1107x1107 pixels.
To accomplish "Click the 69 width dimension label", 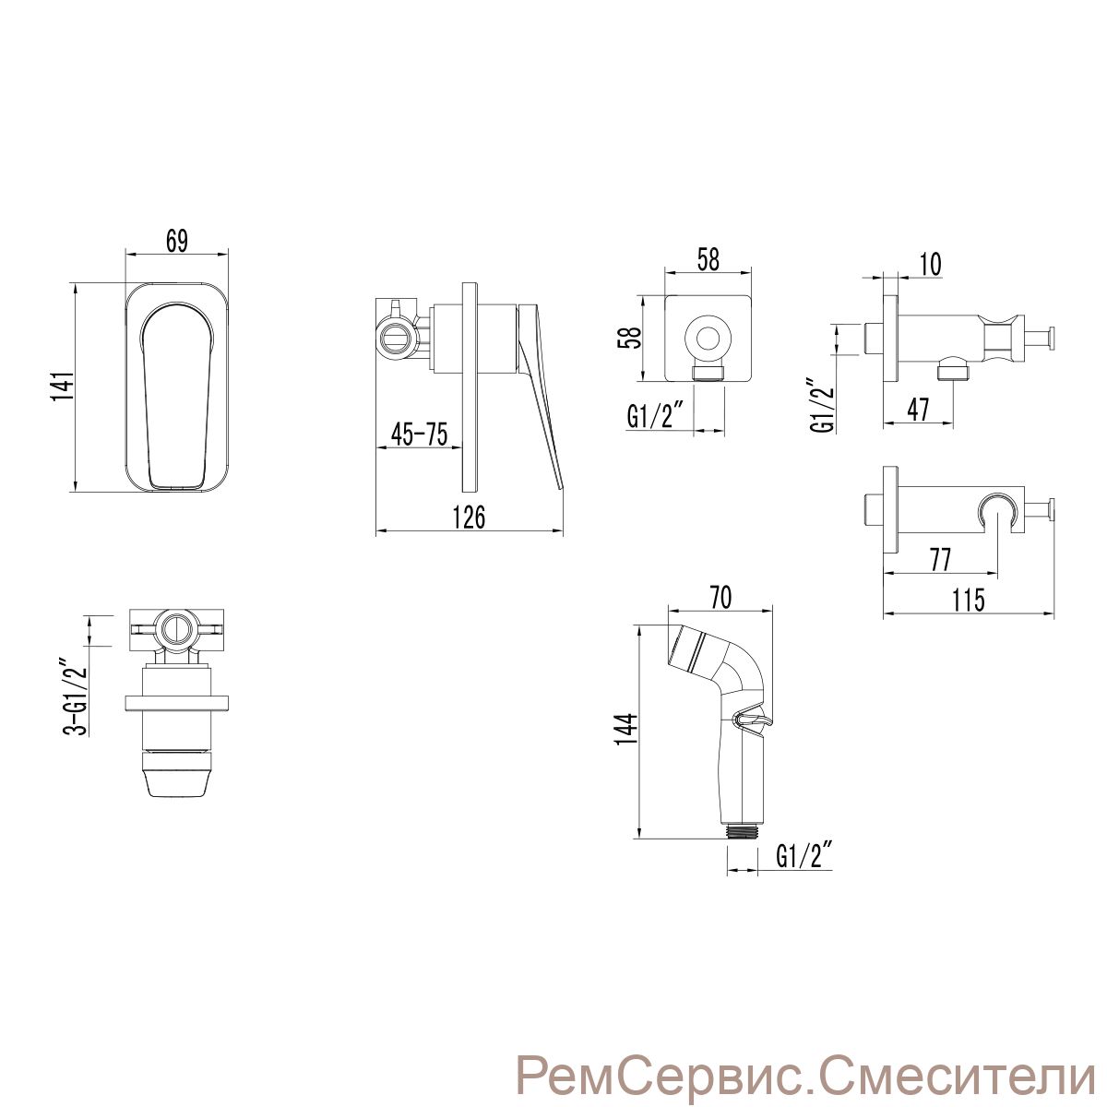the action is tap(177, 241).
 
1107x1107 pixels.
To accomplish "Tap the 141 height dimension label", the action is tap(65, 387).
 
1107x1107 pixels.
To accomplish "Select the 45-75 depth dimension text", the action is tap(419, 434).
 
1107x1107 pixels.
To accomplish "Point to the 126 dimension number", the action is tap(470, 518).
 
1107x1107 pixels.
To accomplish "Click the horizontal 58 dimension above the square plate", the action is tap(708, 259).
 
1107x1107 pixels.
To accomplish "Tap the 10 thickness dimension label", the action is tap(931, 265).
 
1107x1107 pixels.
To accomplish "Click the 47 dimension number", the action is tap(917, 411).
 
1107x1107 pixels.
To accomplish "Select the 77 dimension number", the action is tap(940, 560).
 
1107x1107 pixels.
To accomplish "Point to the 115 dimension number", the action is tap(969, 601).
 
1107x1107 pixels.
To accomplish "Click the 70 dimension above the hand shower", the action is tap(721, 598).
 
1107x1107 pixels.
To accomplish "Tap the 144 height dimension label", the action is tap(626, 729).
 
